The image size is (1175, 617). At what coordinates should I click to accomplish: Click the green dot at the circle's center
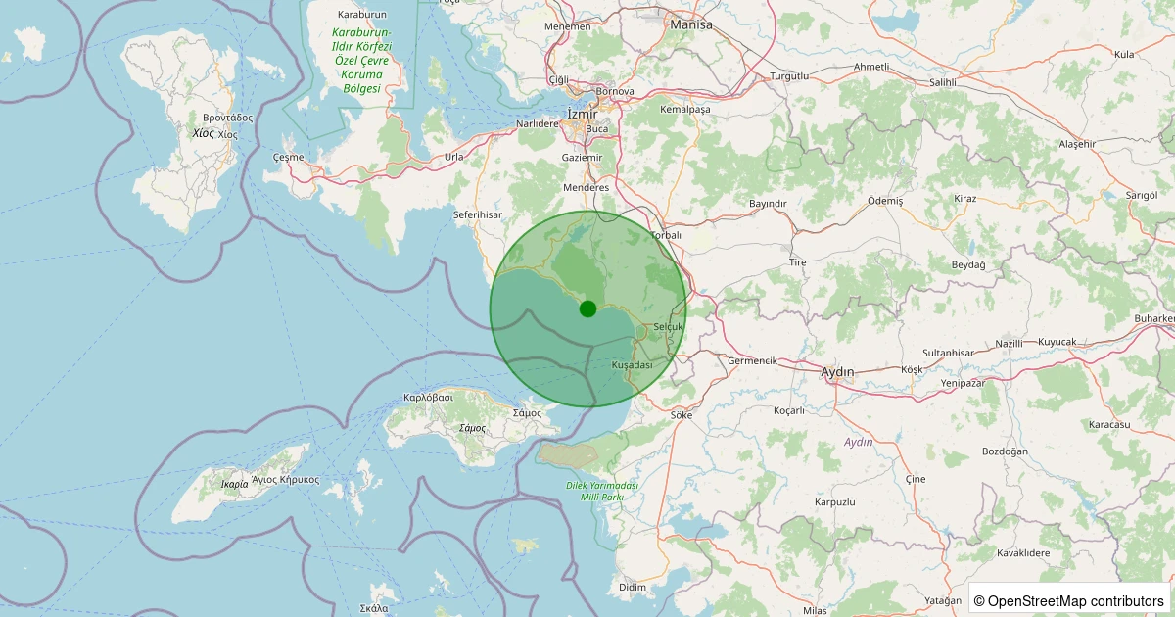[587, 308]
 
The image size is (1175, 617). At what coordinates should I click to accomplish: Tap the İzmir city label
[582, 115]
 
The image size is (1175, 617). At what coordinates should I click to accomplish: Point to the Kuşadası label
[632, 364]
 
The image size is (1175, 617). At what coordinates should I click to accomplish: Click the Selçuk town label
[667, 326]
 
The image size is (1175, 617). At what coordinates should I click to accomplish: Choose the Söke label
[681, 415]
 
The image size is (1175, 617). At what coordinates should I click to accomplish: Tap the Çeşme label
[288, 158]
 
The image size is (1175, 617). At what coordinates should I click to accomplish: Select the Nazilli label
[1009, 344]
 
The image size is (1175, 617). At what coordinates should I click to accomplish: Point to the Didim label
[633, 587]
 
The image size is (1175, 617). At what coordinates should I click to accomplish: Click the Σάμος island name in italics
[472, 429]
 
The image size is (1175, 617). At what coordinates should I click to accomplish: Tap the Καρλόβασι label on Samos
[428, 398]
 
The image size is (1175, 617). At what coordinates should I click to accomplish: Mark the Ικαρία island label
[234, 484]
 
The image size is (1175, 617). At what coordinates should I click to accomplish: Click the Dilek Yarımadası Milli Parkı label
[602, 492]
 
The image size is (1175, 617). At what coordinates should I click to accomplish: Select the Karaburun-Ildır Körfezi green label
[361, 60]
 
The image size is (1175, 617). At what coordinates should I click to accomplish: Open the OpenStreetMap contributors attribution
[1069, 600]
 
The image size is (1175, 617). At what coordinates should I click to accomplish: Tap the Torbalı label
[665, 235]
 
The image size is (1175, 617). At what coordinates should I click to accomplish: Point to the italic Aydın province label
[858, 442]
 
